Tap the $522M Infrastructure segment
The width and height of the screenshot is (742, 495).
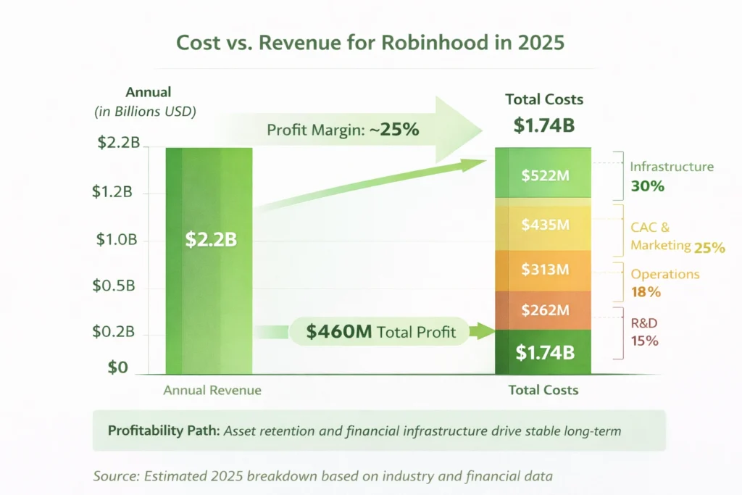click(x=543, y=174)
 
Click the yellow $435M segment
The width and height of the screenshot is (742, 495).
click(x=543, y=224)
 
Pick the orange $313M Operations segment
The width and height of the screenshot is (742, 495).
click(x=543, y=270)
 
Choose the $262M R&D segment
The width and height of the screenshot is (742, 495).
click(x=543, y=310)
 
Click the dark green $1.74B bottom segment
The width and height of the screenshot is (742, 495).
click(x=543, y=352)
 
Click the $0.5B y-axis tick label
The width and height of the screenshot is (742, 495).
click(x=114, y=286)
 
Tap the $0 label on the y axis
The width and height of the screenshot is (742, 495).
click(x=117, y=367)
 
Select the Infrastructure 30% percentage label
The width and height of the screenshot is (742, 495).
click(x=647, y=186)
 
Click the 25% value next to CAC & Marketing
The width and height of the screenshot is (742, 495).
click(x=709, y=247)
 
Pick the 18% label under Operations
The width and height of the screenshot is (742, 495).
click(x=646, y=292)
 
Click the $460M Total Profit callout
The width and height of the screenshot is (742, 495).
click(x=380, y=332)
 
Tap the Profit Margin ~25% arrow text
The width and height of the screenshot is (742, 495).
click(x=343, y=130)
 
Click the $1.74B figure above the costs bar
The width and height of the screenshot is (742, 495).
click(x=543, y=125)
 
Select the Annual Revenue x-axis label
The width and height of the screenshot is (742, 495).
click(x=212, y=390)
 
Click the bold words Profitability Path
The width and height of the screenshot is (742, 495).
click(x=163, y=430)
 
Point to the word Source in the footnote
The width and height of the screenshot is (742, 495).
click(x=115, y=476)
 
